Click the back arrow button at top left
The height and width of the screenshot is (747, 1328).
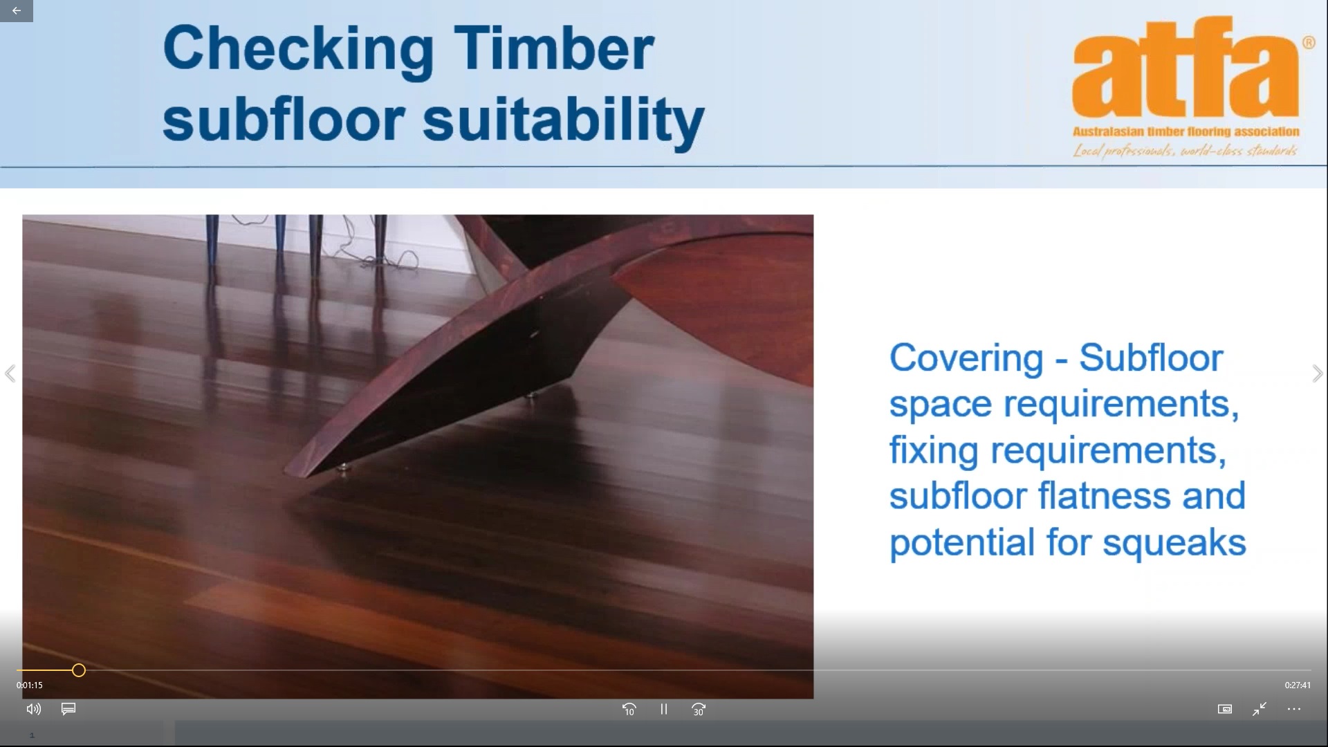coord(17,10)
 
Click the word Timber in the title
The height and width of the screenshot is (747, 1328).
coord(553,48)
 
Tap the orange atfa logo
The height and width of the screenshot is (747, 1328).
coord(1186,70)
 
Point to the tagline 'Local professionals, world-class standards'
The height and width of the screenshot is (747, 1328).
coord(1185,150)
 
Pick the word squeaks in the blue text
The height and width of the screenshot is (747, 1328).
coord(1174,543)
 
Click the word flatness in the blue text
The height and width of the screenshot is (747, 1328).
coord(1096,496)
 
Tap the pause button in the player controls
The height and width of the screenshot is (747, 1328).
coord(664,709)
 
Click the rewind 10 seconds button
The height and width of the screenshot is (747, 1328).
coord(629,709)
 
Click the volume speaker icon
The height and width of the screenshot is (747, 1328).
coord(33,709)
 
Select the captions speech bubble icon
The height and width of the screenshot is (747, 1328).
coord(68,709)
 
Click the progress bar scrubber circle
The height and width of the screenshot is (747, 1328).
coord(79,670)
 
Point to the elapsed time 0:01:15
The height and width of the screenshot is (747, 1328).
coord(30,685)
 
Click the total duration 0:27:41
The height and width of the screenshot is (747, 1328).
coord(1298,685)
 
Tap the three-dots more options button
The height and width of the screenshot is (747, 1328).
coord(1294,709)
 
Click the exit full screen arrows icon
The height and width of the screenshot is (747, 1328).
coord(1260,709)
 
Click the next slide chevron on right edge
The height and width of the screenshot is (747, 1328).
coord(1318,373)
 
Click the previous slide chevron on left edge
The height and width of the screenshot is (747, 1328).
coord(10,373)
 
